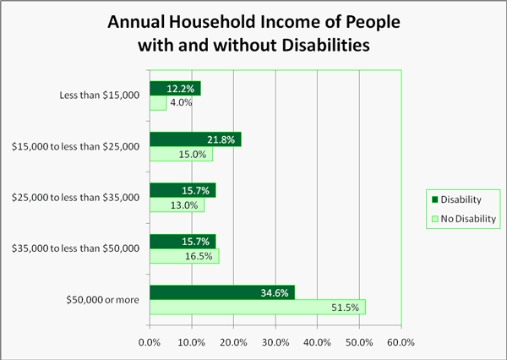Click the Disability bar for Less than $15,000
tap(175, 88)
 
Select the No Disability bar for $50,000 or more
tap(258, 307)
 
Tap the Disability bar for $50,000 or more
tap(222, 292)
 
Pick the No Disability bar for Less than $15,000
tap(158, 102)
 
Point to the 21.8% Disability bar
tap(195, 139)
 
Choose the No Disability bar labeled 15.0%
tap(181, 154)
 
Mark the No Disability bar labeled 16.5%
tap(184, 255)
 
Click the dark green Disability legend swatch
tap(435, 200)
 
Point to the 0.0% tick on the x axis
tap(150, 342)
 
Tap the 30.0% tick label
tap(275, 342)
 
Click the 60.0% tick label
tap(401, 342)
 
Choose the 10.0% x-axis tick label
tap(191, 342)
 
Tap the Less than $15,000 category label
tap(100, 95)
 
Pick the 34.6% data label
tap(275, 292)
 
